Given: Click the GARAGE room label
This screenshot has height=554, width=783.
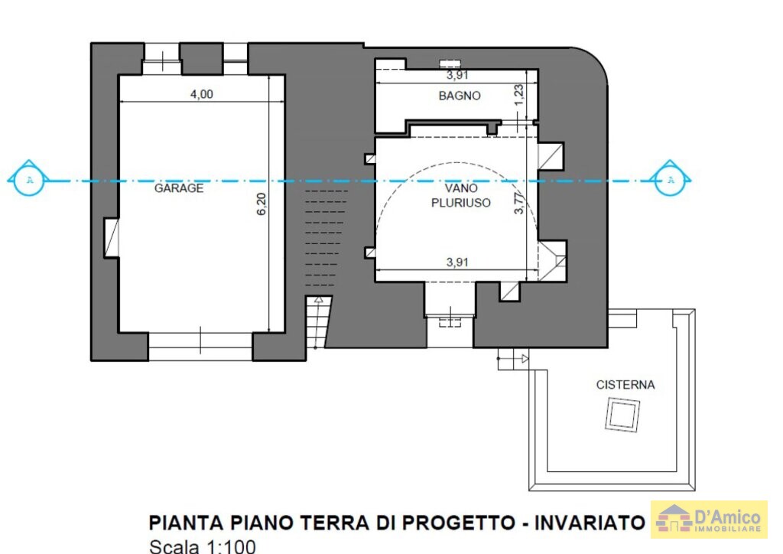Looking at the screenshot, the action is (x=179, y=188).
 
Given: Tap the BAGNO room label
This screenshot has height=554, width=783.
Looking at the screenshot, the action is (x=460, y=96).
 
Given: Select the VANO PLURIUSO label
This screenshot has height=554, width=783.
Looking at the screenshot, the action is (x=461, y=195).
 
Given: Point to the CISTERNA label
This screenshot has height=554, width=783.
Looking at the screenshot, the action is (x=625, y=385).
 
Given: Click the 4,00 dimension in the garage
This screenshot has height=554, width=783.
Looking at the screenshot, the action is (x=202, y=94).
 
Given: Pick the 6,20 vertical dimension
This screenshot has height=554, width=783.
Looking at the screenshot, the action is (x=262, y=204).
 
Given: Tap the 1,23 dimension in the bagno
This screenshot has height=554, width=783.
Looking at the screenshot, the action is (x=519, y=94).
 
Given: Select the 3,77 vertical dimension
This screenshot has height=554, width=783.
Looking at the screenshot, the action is (x=519, y=203).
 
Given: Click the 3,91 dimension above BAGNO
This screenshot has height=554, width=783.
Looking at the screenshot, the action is (x=457, y=76).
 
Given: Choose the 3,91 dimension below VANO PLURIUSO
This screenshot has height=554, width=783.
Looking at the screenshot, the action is (x=457, y=262).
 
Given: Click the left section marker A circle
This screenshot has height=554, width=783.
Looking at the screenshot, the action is (x=29, y=180).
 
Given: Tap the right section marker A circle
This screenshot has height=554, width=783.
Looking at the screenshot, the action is (x=671, y=180).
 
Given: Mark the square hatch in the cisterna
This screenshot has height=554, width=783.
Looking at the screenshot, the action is (x=622, y=415).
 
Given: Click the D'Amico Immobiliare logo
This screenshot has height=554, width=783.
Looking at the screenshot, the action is (x=709, y=519).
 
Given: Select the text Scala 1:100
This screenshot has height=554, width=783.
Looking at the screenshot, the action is (x=203, y=546).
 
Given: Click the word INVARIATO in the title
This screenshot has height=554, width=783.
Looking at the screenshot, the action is (x=590, y=523).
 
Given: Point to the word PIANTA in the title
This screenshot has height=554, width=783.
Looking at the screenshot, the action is (x=187, y=523).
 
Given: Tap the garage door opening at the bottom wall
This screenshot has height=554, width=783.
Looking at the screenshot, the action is (x=200, y=347).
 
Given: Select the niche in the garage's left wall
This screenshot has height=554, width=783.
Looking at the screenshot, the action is (x=112, y=238).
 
